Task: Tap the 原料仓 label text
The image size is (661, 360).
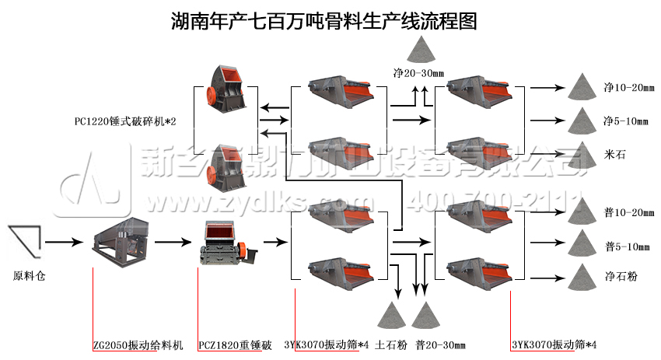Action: [29, 276]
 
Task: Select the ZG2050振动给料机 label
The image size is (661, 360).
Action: [138, 345]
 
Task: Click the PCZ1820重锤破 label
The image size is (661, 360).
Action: [235, 345]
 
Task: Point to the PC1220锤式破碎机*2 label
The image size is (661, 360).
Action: [125, 121]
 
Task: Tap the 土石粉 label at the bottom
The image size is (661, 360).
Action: [390, 345]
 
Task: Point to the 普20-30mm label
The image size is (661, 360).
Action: [440, 345]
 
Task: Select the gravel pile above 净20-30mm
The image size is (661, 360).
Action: [420, 50]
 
